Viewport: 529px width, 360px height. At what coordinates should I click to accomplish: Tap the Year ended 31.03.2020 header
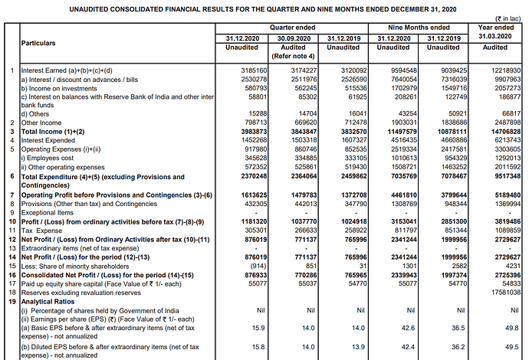[495, 31]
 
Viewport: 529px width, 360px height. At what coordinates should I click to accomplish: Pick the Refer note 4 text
[293, 56]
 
